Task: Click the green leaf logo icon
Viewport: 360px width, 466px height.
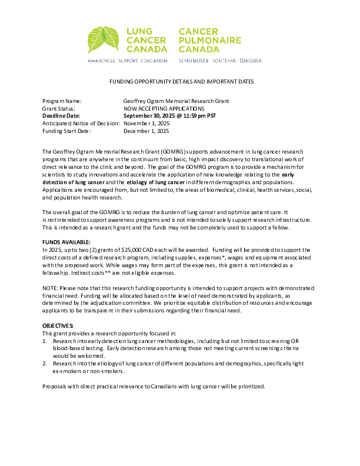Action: pyautogui.click(x=104, y=41)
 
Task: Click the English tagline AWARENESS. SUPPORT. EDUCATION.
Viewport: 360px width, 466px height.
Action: pyautogui.click(x=128, y=61)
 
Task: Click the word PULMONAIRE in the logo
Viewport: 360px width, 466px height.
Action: pyautogui.click(x=210, y=40)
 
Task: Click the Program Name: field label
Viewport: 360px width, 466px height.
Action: pyautogui.click(x=62, y=101)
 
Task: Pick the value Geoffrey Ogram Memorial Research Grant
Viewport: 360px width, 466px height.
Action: pyautogui.click(x=176, y=101)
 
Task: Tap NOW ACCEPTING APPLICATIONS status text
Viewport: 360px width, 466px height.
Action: pyautogui.click(x=164, y=109)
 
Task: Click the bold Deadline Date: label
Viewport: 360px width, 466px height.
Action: pyautogui.click(x=61, y=116)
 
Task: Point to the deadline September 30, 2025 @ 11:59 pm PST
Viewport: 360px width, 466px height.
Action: pyautogui.click(x=169, y=116)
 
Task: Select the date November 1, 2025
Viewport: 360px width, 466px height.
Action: pyautogui.click(x=146, y=124)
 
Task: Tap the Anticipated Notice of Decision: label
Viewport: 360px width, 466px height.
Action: pyautogui.click(x=81, y=124)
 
